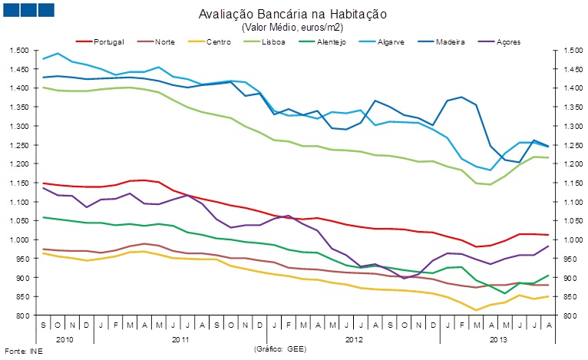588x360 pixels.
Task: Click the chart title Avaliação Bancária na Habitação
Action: tap(292, 15)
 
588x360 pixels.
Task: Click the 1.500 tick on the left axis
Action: tap(19, 51)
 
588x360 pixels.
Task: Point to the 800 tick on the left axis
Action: tap(22, 315)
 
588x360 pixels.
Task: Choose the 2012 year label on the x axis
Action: tap(354, 338)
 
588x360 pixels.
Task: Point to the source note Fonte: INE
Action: tap(22, 352)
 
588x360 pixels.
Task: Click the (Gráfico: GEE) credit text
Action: tap(279, 348)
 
